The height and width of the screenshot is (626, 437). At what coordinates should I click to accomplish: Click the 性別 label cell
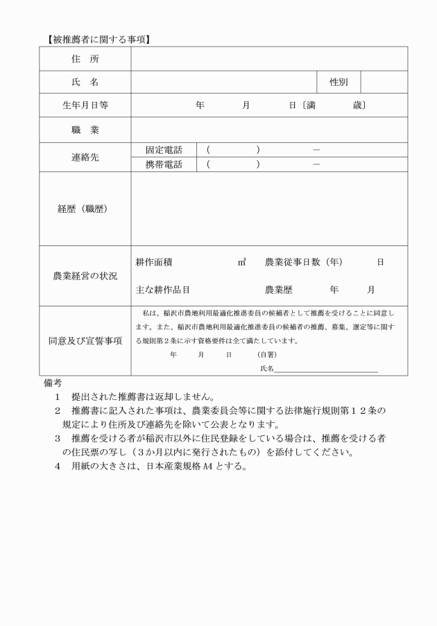coord(339,82)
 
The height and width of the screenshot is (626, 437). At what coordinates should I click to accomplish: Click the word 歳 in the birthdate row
coord(357,105)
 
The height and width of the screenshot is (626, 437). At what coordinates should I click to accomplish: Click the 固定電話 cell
coord(164,150)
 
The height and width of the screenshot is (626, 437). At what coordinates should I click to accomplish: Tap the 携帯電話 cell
coord(164,164)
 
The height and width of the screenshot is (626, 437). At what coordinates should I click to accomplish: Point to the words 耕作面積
coord(154,262)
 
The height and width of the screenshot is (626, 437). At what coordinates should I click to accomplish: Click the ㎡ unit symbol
coord(242,262)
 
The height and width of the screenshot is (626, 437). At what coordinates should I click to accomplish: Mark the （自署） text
coord(266,354)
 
